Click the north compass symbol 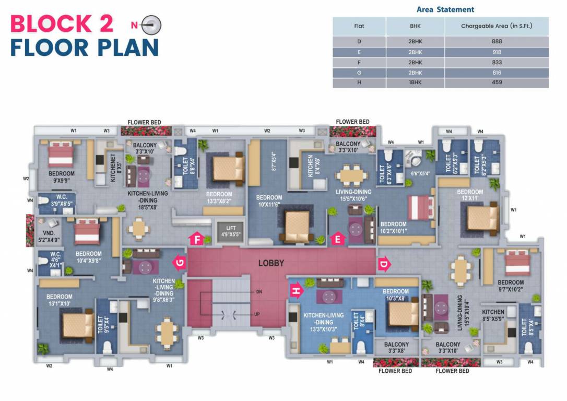151,25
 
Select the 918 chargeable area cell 496,52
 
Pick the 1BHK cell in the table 416,82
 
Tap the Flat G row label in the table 359,73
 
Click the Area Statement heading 445,9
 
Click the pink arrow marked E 338,240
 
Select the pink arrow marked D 384,264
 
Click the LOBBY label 271,263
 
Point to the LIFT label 231,231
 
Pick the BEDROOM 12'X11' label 469,195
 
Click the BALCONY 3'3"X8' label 396,348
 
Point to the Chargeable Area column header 496,26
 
